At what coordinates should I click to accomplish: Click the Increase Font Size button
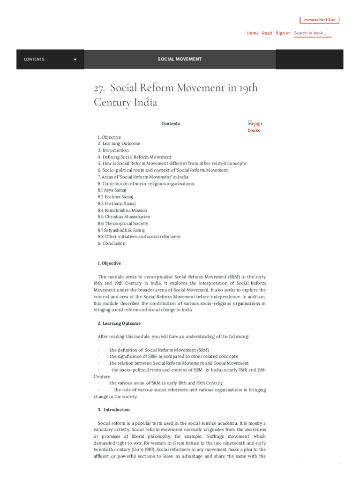(319, 20)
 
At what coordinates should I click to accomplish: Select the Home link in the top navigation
(253, 33)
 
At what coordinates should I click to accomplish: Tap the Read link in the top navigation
(267, 33)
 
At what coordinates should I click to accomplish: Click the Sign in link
(282, 33)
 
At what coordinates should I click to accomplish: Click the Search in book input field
(312, 33)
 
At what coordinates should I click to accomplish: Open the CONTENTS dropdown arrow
(75, 60)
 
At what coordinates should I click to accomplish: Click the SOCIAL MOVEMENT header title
(180, 60)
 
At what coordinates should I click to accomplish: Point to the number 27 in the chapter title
(99, 89)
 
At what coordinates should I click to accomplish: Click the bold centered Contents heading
(171, 124)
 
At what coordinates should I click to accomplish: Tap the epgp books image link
(254, 127)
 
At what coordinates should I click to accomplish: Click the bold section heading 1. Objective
(109, 263)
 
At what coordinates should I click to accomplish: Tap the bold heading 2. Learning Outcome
(119, 323)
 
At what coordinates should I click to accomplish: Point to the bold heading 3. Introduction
(114, 410)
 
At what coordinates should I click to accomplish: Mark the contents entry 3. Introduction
(113, 150)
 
